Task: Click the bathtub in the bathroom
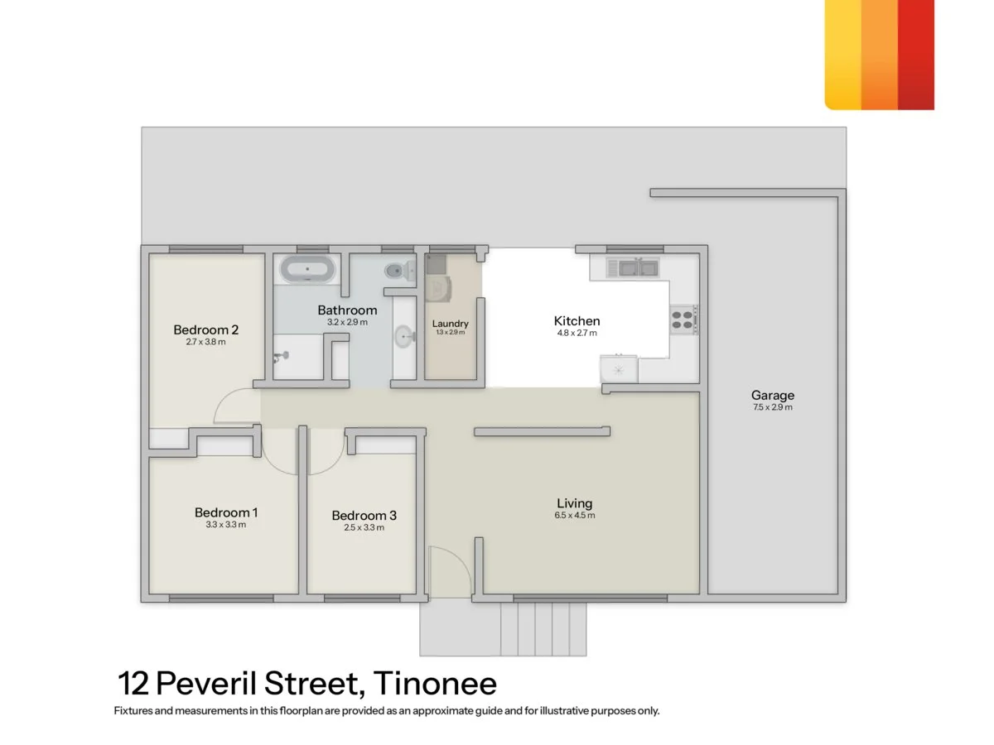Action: point(308,269)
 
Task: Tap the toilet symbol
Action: point(398,269)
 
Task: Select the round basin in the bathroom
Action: point(404,336)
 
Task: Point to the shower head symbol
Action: point(283,355)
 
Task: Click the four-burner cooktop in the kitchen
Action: point(683,320)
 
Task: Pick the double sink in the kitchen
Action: point(632,267)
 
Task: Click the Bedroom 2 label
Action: point(206,330)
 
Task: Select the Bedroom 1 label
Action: point(226,512)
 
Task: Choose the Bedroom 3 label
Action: point(364,516)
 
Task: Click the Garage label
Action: point(772,396)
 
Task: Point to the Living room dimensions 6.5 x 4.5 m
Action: point(575,516)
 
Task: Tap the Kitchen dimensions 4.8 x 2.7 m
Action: point(577,334)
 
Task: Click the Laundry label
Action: point(450,324)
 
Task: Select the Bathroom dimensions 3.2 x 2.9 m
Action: point(347,322)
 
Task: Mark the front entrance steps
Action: point(543,629)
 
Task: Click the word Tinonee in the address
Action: point(435,685)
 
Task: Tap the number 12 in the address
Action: point(133,685)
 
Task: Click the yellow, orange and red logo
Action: point(879,55)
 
